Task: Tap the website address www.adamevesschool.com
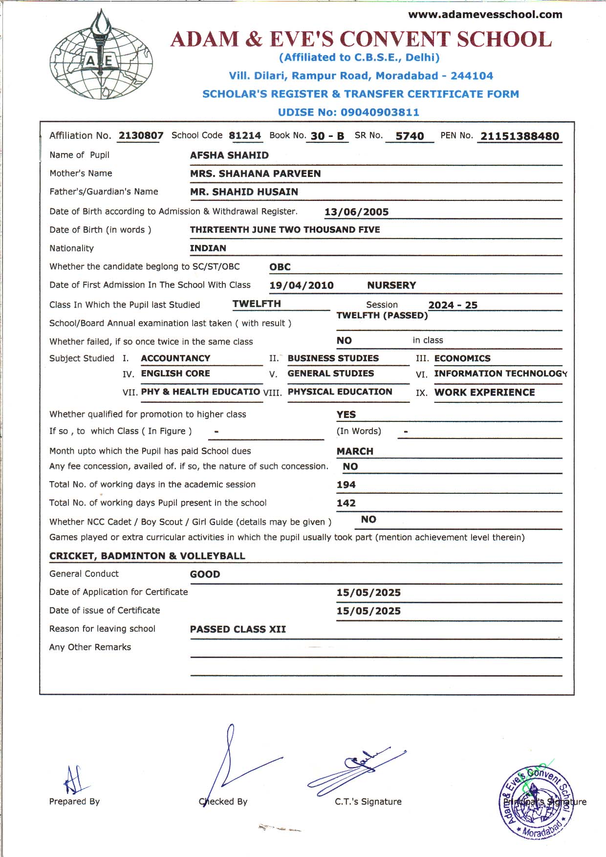[x=485, y=15]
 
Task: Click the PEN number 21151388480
[x=519, y=136]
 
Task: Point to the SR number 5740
[x=410, y=136]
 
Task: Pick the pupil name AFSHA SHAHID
[x=229, y=155]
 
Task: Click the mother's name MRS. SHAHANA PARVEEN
[x=255, y=174]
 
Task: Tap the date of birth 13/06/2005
[x=356, y=212]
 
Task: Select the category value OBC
[x=280, y=267]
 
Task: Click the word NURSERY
[x=391, y=286]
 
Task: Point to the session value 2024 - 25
[x=453, y=305]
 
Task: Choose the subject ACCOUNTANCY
[x=175, y=358]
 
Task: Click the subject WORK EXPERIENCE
[x=484, y=393]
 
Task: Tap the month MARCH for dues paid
[x=355, y=451]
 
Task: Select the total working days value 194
[x=346, y=485]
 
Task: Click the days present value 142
[x=346, y=503]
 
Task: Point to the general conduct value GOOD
[x=205, y=574]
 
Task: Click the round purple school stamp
[x=535, y=802]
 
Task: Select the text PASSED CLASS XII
[x=238, y=629]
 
